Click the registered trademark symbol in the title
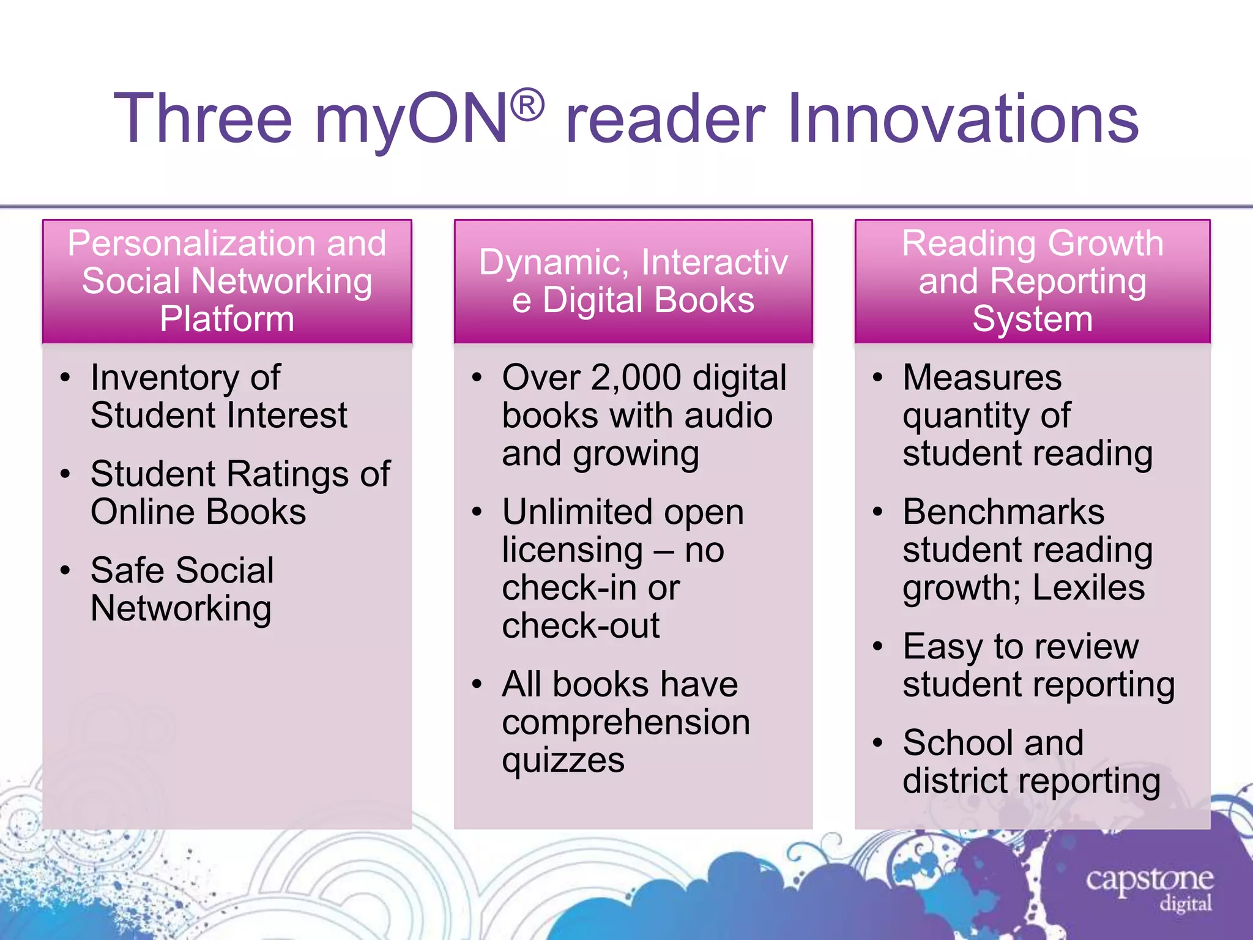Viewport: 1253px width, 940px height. click(x=527, y=105)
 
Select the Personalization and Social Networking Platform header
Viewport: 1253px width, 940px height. click(x=227, y=282)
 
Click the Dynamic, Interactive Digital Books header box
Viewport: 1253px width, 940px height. click(x=633, y=282)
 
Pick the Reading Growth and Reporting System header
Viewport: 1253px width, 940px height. click(x=1032, y=282)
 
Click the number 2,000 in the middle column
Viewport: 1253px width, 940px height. click(x=636, y=378)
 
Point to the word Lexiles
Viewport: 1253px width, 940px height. click(x=1088, y=588)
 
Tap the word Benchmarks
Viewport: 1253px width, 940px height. click(x=1003, y=512)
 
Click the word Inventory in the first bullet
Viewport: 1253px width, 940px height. click(x=165, y=378)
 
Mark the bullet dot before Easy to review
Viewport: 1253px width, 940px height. click(x=878, y=647)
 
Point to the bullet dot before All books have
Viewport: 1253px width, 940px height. click(x=477, y=685)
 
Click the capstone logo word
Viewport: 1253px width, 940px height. click(x=1149, y=880)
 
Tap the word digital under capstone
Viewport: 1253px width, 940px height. click(x=1186, y=904)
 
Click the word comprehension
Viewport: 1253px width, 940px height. click(x=626, y=723)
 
